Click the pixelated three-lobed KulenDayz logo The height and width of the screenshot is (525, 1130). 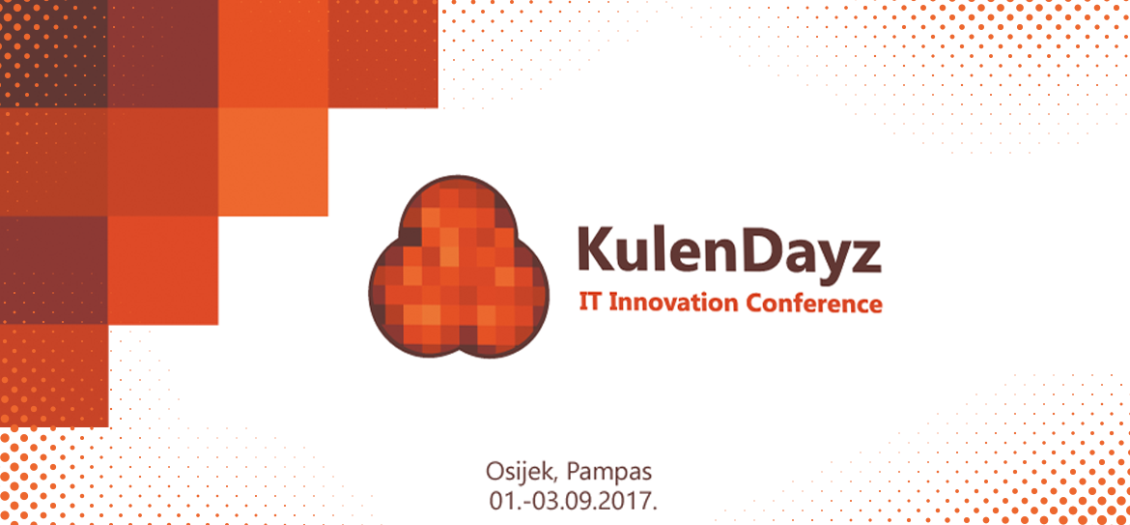[x=459, y=266]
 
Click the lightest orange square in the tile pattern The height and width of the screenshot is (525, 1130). [x=273, y=161]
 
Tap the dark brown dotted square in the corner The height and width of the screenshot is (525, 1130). [x=54, y=53]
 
